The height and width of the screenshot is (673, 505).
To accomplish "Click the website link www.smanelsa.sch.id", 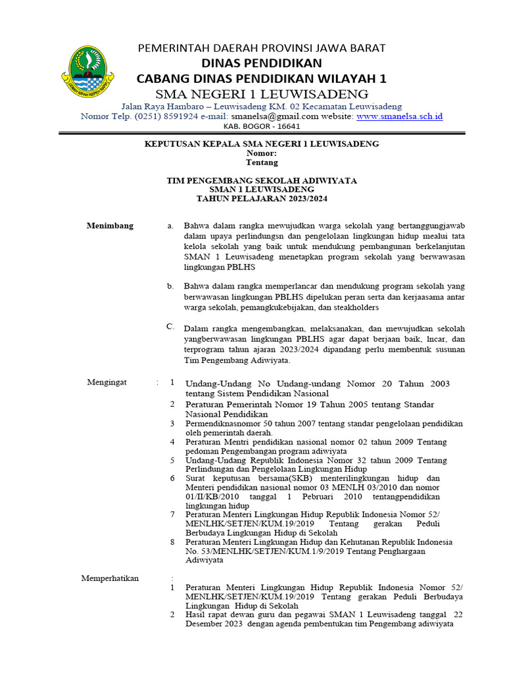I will pyautogui.click(x=399, y=116).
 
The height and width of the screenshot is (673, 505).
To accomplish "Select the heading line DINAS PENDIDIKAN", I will pyautogui.click(x=261, y=63).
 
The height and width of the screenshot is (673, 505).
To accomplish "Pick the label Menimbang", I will pyautogui.click(x=110, y=225).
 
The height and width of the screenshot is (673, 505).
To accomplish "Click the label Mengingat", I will pyautogui.click(x=107, y=382).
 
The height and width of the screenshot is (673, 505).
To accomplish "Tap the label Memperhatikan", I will pyautogui.click(x=110, y=578).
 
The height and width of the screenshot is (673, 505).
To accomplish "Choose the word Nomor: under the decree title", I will pyautogui.click(x=262, y=152).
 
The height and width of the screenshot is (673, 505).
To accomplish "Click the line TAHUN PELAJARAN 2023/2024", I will pyautogui.click(x=262, y=198).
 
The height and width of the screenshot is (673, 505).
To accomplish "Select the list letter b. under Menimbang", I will pyautogui.click(x=170, y=286).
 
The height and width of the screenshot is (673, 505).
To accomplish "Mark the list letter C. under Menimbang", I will pyautogui.click(x=170, y=326).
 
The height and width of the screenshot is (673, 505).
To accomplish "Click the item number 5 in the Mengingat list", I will pyautogui.click(x=172, y=460).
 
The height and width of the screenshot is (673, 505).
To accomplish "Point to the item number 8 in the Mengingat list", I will pyautogui.click(x=172, y=542).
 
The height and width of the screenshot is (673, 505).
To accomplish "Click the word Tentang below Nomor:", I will pyautogui.click(x=262, y=162).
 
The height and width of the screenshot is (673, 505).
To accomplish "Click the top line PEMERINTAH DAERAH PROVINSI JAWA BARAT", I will pyautogui.click(x=261, y=48).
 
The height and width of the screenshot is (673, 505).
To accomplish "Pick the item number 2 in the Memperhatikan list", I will pyautogui.click(x=172, y=614).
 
